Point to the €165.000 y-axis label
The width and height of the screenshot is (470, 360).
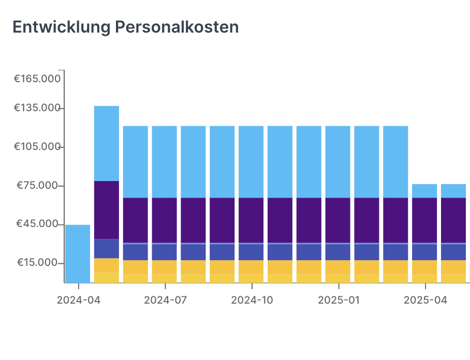pos(37,79)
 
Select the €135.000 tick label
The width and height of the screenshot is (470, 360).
pos(37,108)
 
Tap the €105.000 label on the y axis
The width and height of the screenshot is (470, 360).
pos(37,147)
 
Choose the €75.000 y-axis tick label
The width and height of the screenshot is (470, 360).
pos(39,186)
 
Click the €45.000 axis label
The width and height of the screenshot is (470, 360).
pos(39,224)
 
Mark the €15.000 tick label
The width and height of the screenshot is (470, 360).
pos(39,263)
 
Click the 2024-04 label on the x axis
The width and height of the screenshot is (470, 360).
pos(78,300)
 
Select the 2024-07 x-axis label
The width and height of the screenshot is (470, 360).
pos(165,300)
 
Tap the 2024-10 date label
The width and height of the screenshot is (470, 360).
pos(252,300)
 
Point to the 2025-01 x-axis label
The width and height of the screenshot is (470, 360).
pos(338,300)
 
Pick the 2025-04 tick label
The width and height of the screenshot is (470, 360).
pos(425,300)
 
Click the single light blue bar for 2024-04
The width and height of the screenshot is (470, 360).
pos(78,253)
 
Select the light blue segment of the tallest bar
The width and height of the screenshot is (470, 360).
pos(107,143)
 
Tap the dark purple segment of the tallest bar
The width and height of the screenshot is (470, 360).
pos(107,209)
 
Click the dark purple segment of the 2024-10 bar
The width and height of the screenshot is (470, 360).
pos(251,220)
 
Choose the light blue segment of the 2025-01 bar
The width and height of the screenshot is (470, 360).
pos(338,161)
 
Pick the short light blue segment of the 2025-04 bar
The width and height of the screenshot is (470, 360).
pos(424,191)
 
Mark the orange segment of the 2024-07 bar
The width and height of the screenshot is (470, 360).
pos(165,267)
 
